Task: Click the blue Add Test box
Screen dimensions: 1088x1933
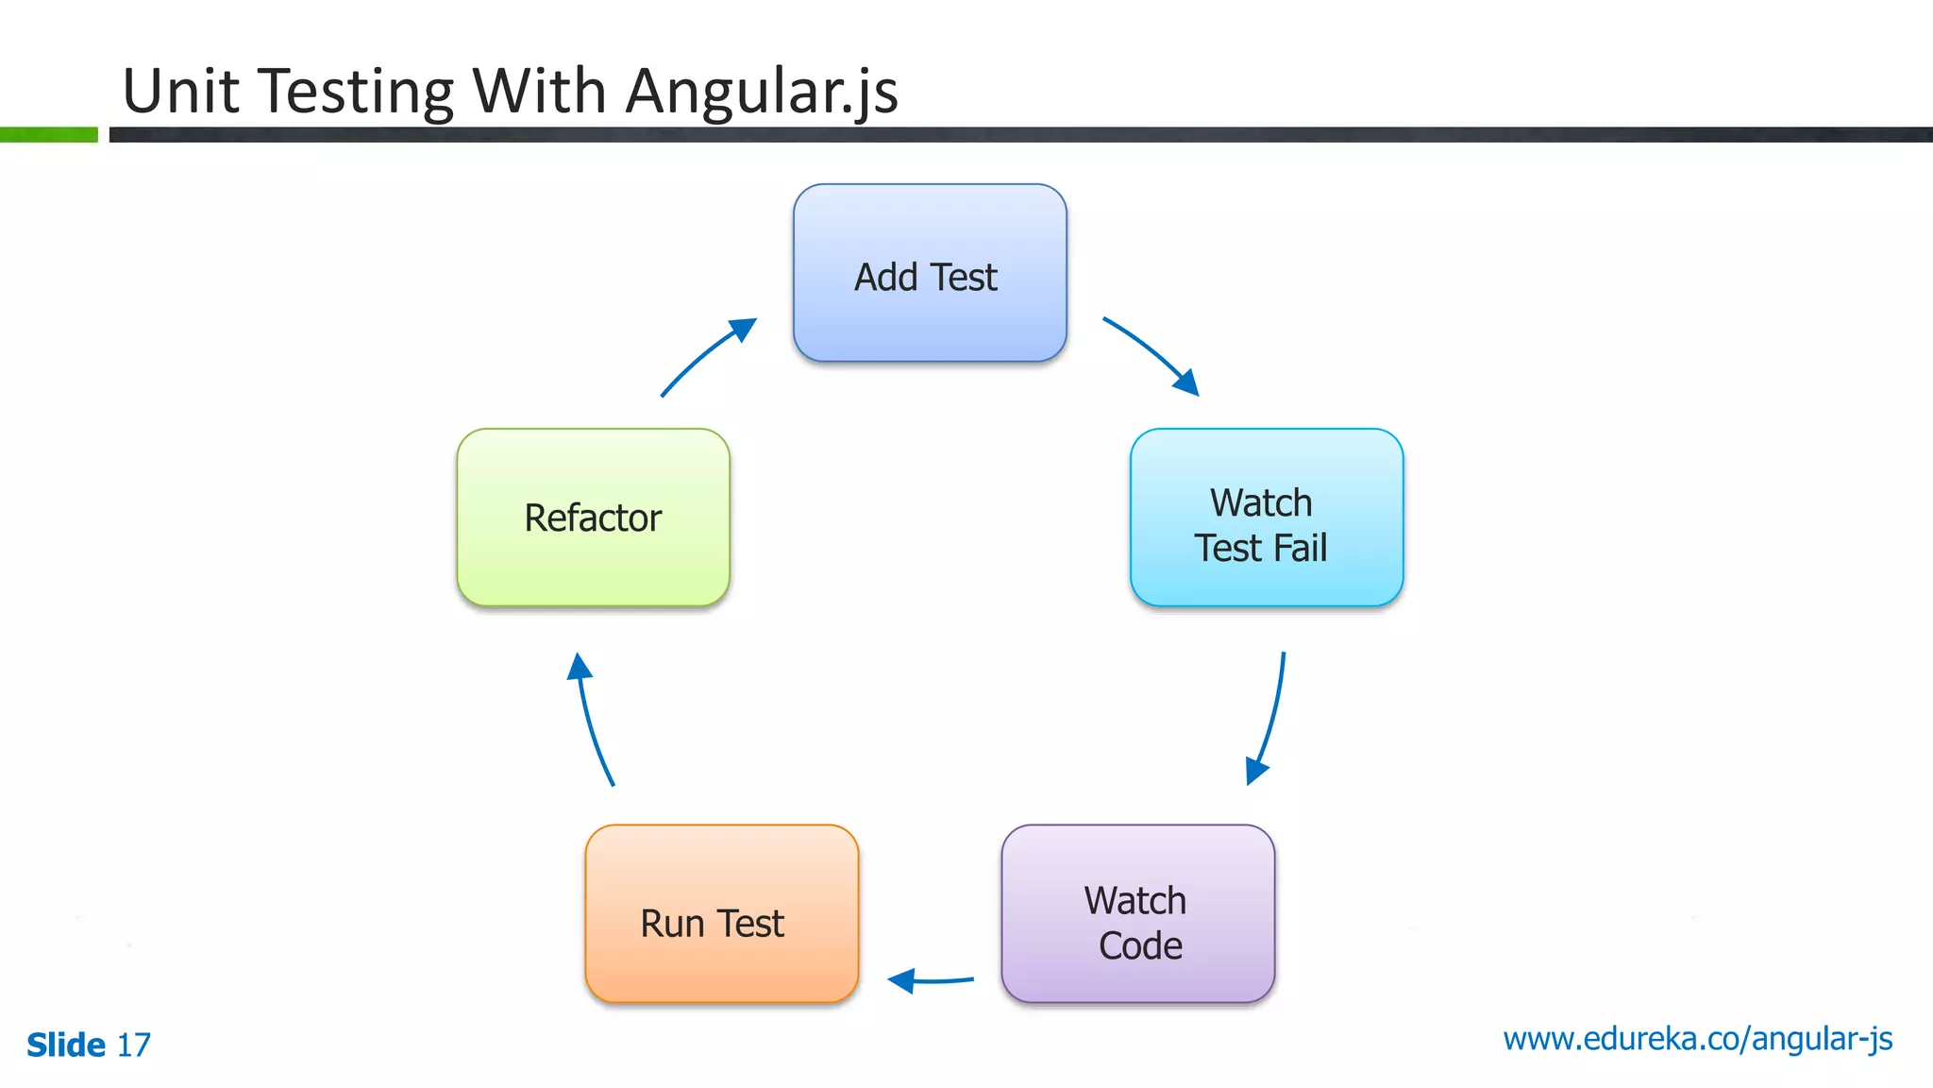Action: (x=930, y=273)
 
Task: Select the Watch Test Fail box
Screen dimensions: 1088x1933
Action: (x=1266, y=518)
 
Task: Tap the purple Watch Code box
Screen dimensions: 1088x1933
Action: (x=1137, y=913)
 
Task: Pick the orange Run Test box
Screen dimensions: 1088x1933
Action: (x=721, y=913)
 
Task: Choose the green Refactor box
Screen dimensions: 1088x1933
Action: (x=593, y=518)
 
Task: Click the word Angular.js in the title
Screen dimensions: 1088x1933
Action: (x=761, y=92)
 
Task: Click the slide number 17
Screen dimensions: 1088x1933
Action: (x=133, y=1045)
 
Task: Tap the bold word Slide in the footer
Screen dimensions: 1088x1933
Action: (x=66, y=1045)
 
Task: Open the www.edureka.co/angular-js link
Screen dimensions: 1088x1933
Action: (x=1697, y=1039)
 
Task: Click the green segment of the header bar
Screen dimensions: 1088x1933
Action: (x=48, y=135)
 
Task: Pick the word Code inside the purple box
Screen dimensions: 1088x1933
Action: (x=1140, y=945)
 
